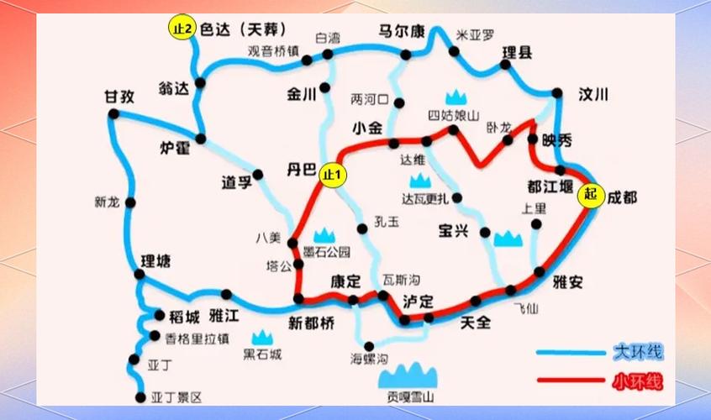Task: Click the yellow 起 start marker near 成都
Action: click(590, 195)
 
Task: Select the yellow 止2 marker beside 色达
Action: click(182, 29)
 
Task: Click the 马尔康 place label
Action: click(399, 32)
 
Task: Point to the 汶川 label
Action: click(592, 95)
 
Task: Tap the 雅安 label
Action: click(567, 282)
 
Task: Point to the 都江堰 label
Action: click(550, 186)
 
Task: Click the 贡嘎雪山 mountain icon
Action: click(411, 374)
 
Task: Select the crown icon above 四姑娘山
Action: click(456, 97)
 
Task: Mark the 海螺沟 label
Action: click(369, 360)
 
